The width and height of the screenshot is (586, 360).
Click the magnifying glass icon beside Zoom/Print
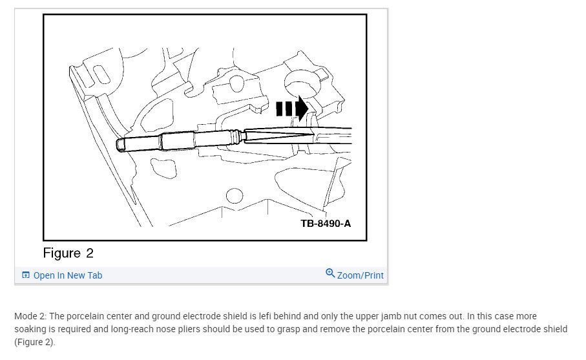click(x=330, y=273)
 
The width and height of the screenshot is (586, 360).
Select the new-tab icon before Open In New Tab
click(x=26, y=275)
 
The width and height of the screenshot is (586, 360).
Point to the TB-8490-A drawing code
click(x=326, y=224)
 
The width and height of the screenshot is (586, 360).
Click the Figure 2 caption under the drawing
click(x=68, y=253)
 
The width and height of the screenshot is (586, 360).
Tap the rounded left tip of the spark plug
click(x=119, y=145)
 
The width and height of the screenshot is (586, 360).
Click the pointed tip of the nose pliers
click(x=313, y=134)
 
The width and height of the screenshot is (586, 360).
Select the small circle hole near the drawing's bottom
click(x=235, y=196)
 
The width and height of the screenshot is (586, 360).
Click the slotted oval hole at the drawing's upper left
click(x=101, y=75)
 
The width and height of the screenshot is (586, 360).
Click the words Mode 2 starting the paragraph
click(x=30, y=316)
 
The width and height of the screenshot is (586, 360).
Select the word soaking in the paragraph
click(x=30, y=330)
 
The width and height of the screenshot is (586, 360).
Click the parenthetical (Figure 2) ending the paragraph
click(x=35, y=343)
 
